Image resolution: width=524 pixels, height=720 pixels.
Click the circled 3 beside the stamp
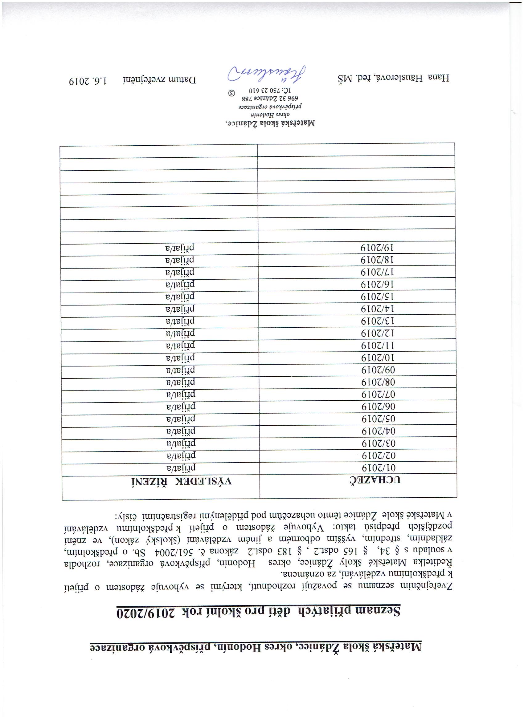pyautogui.click(x=232, y=93)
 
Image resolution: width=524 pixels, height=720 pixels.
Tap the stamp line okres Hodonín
pyautogui.click(x=270, y=115)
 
